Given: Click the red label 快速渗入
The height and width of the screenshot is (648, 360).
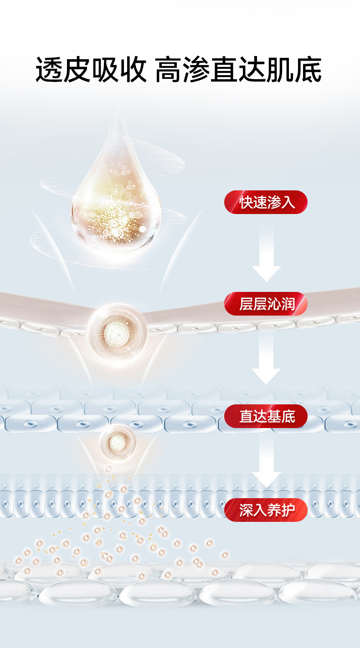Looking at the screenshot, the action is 266,202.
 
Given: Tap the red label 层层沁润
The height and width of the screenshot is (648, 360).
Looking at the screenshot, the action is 266,304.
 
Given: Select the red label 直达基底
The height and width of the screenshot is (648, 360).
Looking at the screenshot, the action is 266,416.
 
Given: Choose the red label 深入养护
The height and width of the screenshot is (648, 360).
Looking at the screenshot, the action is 266,510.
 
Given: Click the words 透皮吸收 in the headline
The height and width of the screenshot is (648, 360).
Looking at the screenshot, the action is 91,70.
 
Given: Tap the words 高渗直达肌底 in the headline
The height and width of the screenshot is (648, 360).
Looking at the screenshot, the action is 238,70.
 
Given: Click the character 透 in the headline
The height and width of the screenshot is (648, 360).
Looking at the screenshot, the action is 50,70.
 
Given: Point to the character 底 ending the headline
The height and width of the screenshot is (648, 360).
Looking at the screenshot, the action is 308,70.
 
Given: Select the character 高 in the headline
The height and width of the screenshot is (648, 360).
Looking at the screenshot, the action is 169,70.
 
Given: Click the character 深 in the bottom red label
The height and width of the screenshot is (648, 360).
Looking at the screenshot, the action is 246,510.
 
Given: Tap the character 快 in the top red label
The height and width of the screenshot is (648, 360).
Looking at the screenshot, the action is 246,202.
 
